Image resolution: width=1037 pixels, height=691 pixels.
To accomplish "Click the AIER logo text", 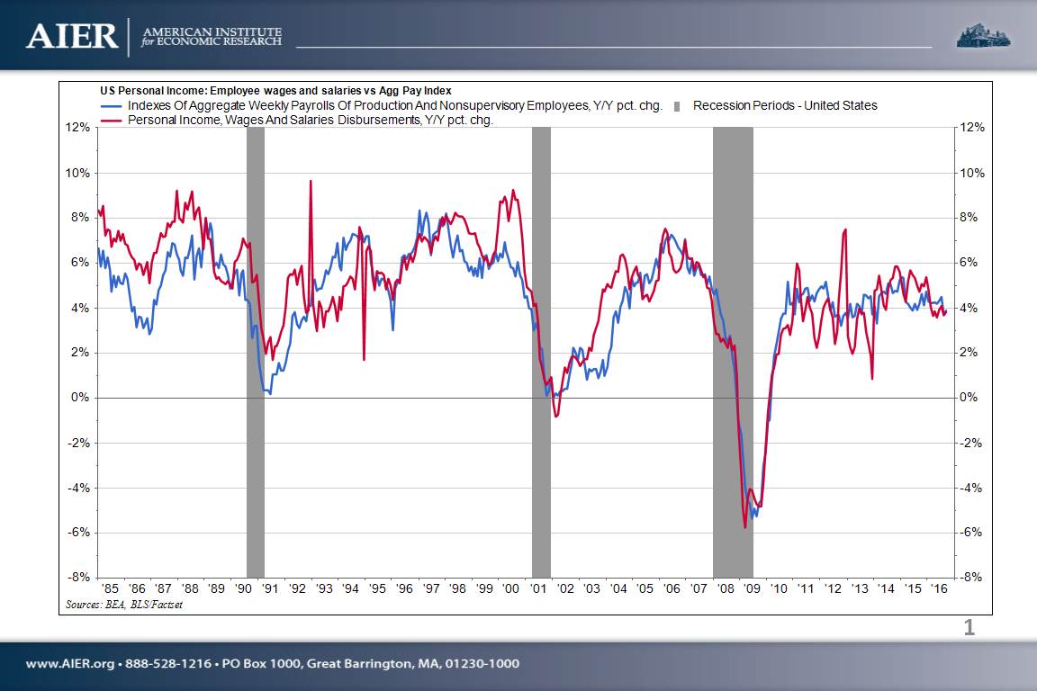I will coord(72,36).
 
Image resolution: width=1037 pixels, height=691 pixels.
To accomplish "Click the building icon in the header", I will coord(983,35).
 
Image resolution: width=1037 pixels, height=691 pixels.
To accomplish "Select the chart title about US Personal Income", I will coord(275,91).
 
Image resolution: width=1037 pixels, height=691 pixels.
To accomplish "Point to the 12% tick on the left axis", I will coord(78,128).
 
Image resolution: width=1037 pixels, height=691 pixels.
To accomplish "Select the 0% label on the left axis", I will coord(81,398).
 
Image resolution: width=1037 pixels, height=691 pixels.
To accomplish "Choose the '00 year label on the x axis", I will coord(512,588).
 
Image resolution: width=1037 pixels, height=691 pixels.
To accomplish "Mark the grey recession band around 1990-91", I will coord(256,351).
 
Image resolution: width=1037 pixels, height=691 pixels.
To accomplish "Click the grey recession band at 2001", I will coord(541,351).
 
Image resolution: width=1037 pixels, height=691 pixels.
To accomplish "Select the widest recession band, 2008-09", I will coord(733,351).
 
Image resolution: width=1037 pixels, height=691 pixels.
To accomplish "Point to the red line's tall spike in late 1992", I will coord(311,182).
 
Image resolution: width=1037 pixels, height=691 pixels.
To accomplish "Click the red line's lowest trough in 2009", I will coord(745,526).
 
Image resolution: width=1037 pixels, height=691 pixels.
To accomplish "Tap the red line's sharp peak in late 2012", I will coord(845,230).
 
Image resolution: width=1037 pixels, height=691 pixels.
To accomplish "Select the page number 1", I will coord(969,628).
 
